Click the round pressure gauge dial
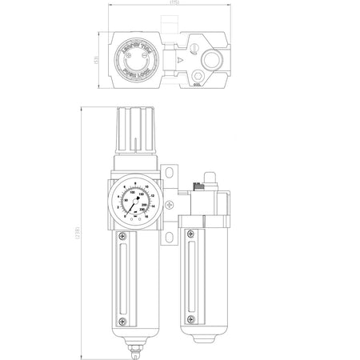click(x=135, y=205)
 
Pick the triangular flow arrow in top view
click(x=182, y=59)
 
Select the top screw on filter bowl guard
click(x=122, y=236)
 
